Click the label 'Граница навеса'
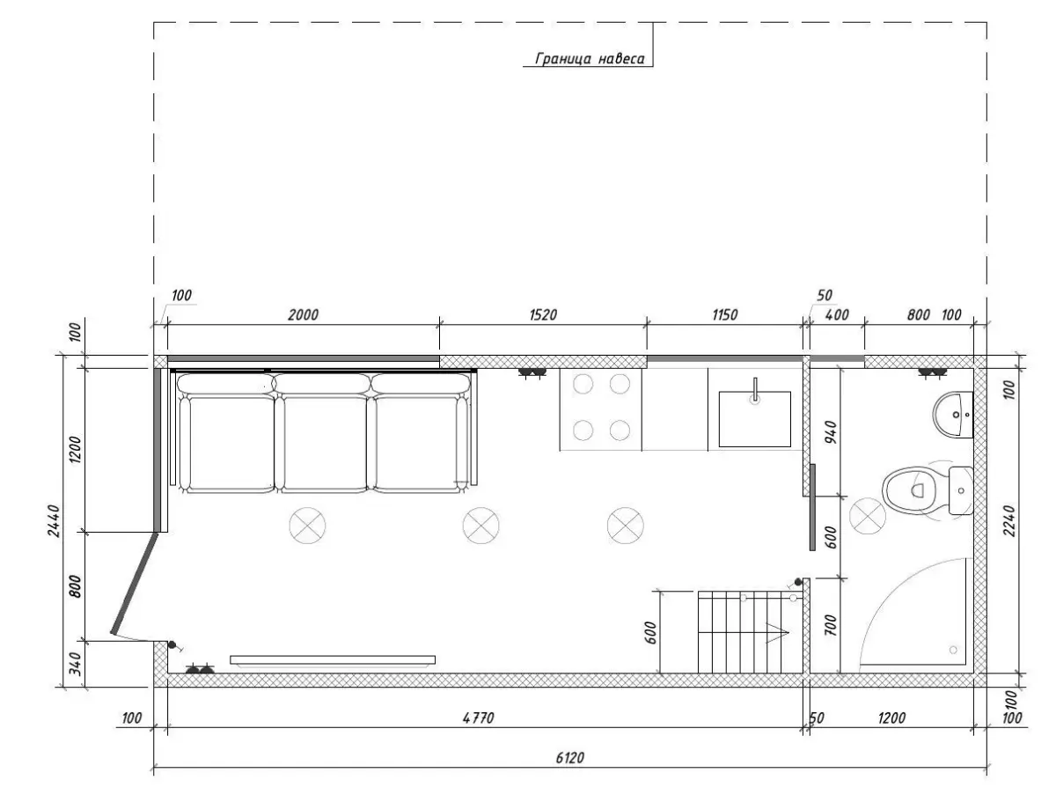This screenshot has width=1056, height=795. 590,59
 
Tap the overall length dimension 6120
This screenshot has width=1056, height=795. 569,758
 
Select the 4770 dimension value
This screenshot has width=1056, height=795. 478,718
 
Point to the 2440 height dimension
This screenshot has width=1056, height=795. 54,520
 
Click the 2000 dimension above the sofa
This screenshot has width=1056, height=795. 303,314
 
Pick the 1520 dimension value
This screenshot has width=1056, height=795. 543,314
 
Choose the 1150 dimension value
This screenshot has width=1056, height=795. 724,314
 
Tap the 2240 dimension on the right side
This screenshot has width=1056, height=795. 1009,520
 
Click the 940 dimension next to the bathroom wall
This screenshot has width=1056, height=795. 831,432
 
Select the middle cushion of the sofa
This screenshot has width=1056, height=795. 321,433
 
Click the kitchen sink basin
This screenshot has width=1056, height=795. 755,419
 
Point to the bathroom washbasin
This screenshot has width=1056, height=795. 953,415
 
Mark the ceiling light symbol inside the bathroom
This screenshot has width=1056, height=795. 868,516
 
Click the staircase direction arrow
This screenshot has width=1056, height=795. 775,632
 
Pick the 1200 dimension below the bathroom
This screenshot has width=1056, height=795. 891,718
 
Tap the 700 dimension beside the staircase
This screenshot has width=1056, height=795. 831,626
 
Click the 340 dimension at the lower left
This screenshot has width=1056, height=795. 76,664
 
